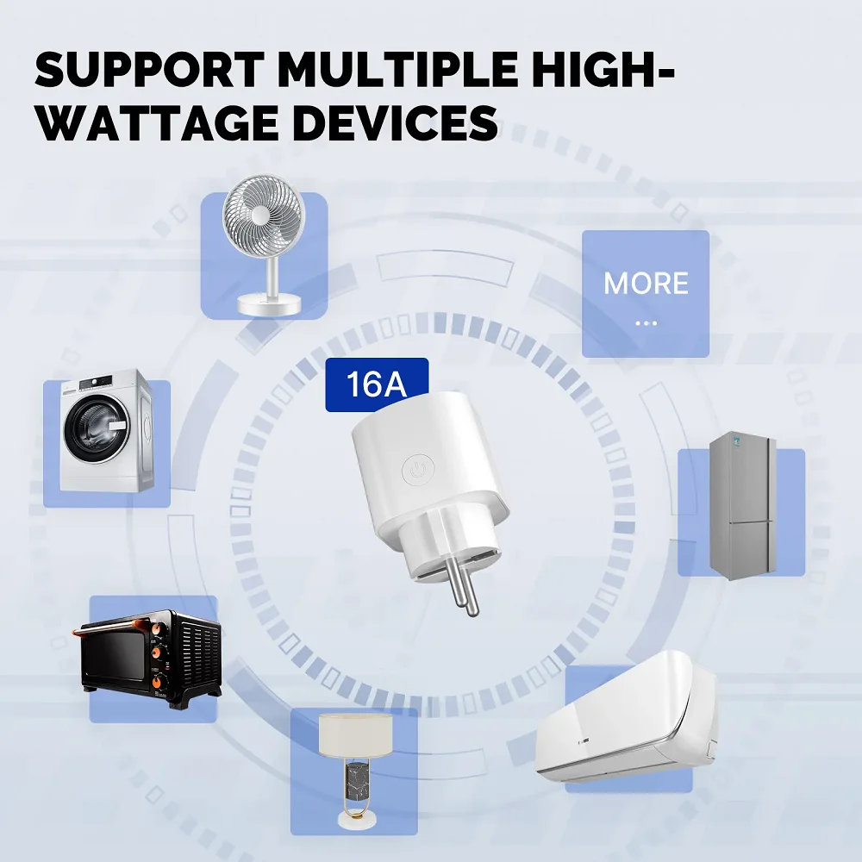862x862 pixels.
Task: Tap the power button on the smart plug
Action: click(416, 471)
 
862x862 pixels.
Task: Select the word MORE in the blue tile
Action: click(646, 284)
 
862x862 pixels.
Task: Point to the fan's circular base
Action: click(268, 304)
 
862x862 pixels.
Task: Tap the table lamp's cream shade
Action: click(355, 734)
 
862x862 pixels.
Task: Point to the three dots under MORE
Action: click(646, 323)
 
